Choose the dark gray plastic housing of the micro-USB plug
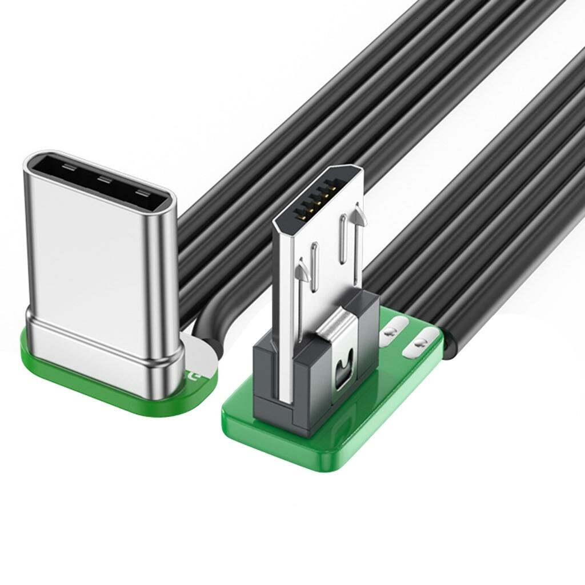point(269,371)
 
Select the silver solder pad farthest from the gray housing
point(420,344)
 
